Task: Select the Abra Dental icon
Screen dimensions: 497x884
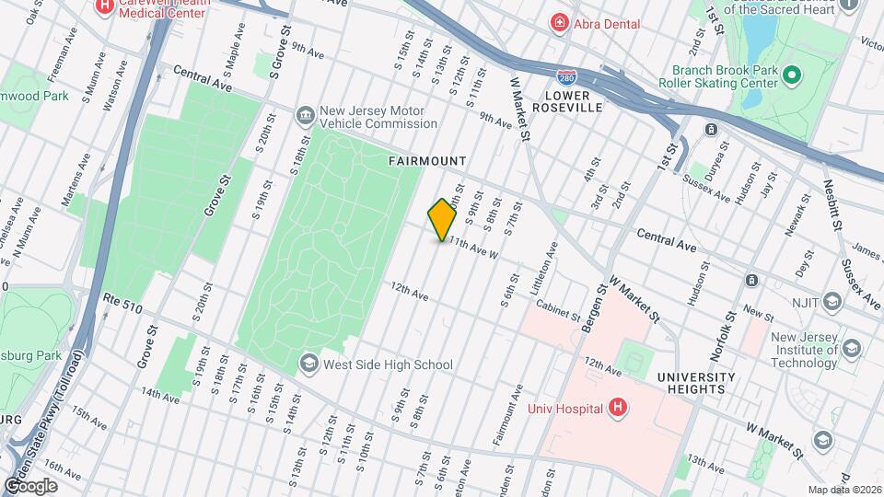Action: tap(558, 22)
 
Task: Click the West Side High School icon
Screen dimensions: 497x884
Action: tap(308, 364)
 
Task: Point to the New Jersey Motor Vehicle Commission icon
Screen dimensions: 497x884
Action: tap(304, 115)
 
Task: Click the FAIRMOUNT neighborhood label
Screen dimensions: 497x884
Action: tap(427, 161)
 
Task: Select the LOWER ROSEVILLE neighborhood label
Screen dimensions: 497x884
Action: tap(573, 101)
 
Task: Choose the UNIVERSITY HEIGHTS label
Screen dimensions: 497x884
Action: tap(696, 383)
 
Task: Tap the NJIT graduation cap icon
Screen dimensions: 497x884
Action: tap(832, 301)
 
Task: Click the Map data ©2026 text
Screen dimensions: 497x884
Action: tap(843, 490)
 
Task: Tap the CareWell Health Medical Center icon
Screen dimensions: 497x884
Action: tap(104, 6)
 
